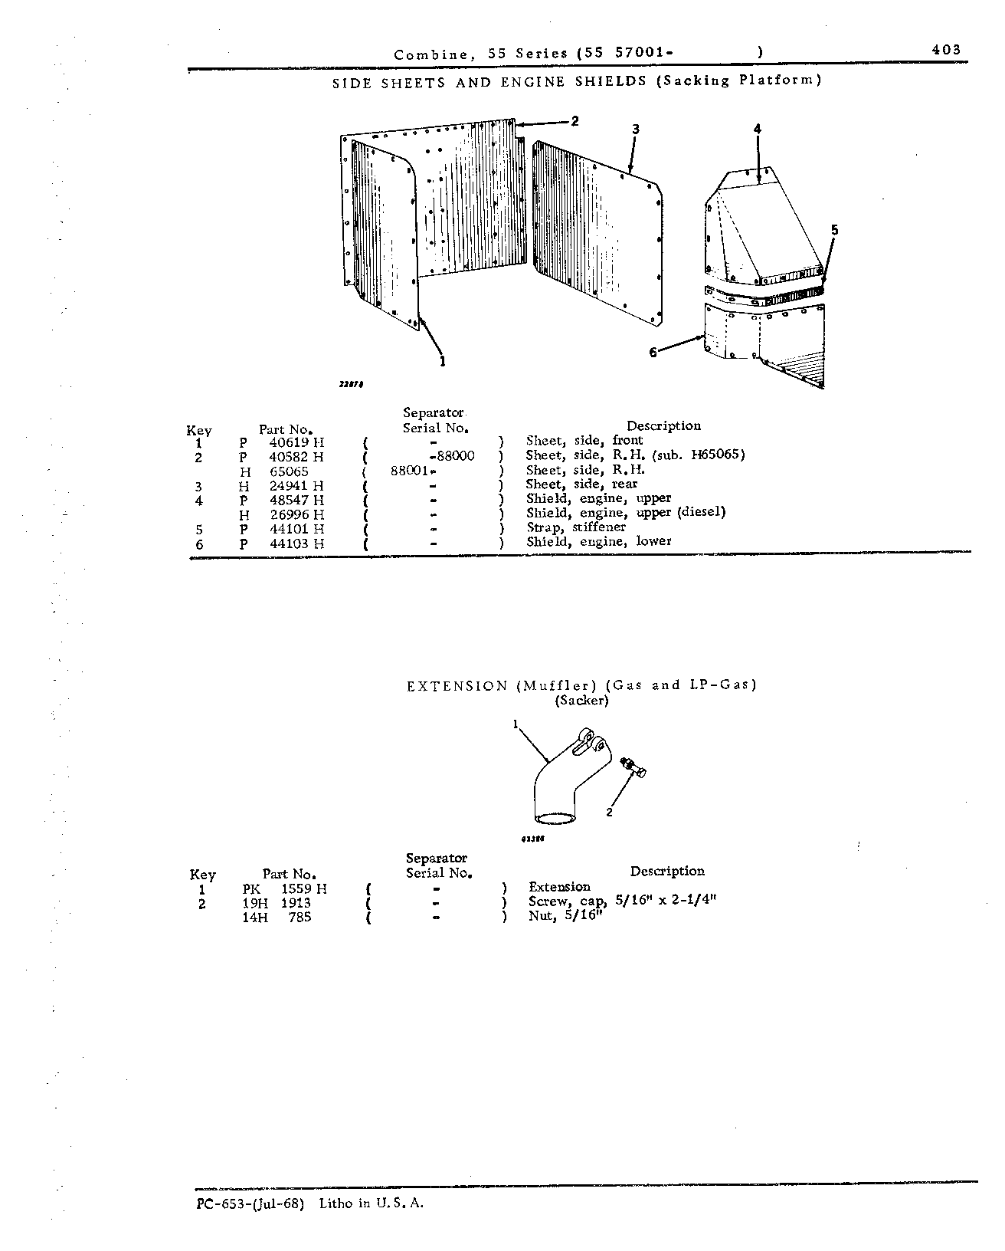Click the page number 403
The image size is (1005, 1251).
(x=946, y=50)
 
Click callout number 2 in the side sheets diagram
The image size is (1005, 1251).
(x=575, y=121)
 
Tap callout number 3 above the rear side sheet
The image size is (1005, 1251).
(x=636, y=129)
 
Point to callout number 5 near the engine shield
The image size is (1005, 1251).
(x=834, y=230)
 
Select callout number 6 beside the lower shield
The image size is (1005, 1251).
(x=653, y=353)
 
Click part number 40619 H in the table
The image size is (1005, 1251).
(x=296, y=442)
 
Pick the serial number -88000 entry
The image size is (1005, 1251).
(x=452, y=456)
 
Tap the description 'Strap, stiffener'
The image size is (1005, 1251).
(x=576, y=527)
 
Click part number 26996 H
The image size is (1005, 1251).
(x=297, y=515)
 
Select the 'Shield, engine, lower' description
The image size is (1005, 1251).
(x=598, y=542)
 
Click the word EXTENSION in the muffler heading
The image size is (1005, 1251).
(x=457, y=686)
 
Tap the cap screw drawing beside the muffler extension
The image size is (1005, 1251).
(x=633, y=767)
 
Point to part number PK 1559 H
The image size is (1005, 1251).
(x=285, y=889)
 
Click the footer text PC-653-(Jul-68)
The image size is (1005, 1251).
(x=250, y=1203)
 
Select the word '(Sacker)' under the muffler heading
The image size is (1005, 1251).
(x=581, y=701)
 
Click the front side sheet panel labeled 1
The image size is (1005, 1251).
(x=385, y=235)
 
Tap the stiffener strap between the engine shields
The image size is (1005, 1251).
(x=764, y=295)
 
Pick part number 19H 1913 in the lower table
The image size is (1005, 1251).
(x=277, y=903)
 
